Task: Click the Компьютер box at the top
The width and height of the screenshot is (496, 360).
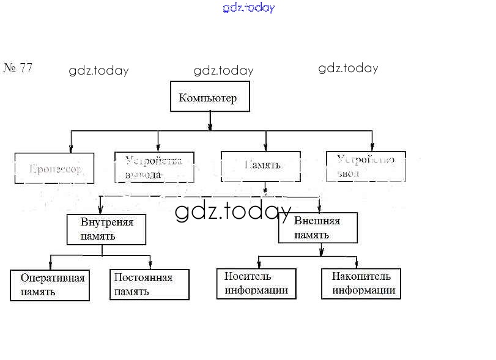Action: click(209, 98)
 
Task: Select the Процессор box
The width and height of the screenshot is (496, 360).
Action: click(54, 168)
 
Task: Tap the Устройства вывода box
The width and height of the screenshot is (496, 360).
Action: click(154, 167)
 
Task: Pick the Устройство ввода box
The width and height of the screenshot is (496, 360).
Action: click(366, 166)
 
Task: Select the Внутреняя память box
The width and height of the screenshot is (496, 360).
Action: click(106, 229)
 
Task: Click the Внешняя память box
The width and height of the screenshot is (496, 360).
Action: click(318, 227)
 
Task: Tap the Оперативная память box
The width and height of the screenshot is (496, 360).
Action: click(50, 285)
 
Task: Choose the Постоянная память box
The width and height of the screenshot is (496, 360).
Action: click(149, 284)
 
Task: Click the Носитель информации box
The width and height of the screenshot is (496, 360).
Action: click(256, 284)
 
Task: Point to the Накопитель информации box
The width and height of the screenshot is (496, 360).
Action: click(361, 284)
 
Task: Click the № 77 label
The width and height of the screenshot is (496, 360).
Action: click(18, 68)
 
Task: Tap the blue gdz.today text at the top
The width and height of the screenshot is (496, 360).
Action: click(249, 8)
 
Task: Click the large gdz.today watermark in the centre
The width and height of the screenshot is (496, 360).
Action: click(233, 211)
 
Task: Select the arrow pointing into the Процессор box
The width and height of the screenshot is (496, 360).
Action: click(71, 147)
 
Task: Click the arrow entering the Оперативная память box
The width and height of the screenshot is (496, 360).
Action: click(50, 265)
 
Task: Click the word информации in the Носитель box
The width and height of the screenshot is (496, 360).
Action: click(256, 290)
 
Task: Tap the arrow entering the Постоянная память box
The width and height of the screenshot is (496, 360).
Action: click(150, 265)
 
